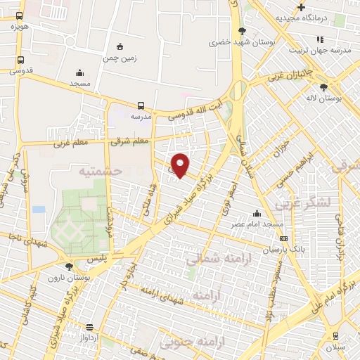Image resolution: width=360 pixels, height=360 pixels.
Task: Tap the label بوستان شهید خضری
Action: click(242, 43)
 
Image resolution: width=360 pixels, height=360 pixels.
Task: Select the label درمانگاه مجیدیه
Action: click(302, 18)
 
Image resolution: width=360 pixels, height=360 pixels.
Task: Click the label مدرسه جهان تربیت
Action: click(320, 50)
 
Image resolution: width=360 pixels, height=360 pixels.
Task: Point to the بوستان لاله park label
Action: click(324, 99)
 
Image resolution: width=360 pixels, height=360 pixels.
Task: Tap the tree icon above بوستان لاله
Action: click(323, 88)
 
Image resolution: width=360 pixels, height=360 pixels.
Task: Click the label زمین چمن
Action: click(121, 58)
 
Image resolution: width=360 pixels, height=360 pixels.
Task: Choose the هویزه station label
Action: click(17, 26)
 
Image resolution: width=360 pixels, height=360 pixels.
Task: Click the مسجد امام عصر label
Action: click(258, 224)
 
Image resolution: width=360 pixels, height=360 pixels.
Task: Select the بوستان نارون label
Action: click(68, 278)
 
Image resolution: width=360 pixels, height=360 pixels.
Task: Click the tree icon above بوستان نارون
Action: click(69, 266)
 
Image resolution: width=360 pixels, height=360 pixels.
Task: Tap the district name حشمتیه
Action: click(101, 171)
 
